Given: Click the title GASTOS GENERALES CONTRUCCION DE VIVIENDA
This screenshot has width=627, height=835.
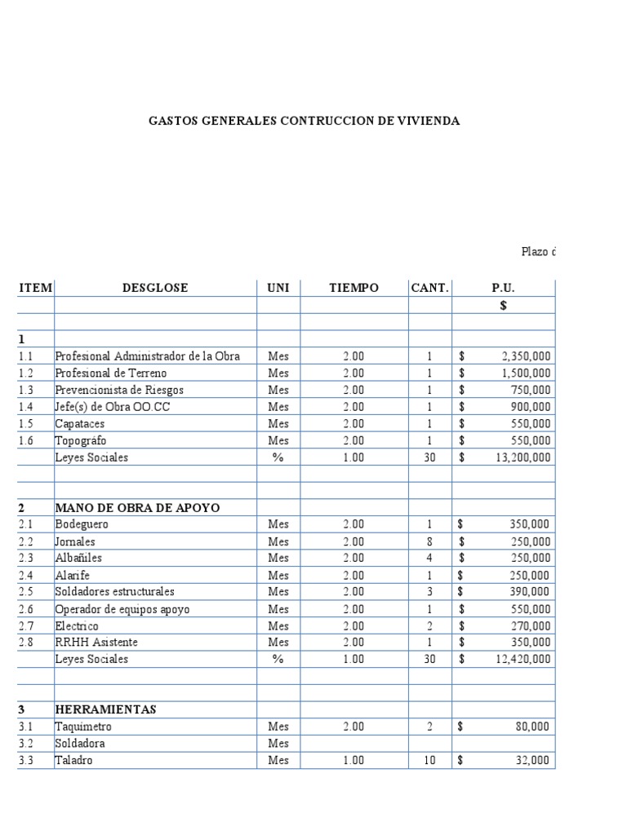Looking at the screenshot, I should tap(304, 121).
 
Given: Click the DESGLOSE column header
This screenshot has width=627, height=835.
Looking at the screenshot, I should tap(155, 289).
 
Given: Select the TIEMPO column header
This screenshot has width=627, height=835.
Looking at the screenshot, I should tap(354, 289).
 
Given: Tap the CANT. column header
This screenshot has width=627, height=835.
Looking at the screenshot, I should tap(430, 289).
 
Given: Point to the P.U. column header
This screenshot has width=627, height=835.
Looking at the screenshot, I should tap(503, 289).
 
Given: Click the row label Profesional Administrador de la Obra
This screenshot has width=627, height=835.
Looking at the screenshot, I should tap(148, 356).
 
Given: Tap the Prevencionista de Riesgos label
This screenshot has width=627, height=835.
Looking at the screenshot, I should tap(119, 390).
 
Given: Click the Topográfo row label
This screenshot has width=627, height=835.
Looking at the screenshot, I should tap(80, 441).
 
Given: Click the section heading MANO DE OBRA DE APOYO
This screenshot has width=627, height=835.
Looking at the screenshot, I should tap(137, 508).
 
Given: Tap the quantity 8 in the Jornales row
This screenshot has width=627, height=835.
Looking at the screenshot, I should tap(430, 541).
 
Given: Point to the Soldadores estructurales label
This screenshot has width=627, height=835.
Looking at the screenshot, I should tap(114, 592).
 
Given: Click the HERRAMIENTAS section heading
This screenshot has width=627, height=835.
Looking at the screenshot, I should tap(105, 709).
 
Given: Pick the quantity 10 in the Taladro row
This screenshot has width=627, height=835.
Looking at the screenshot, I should tap(430, 760).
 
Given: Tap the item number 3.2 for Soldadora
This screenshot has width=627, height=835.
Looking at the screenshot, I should tap(28, 744).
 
